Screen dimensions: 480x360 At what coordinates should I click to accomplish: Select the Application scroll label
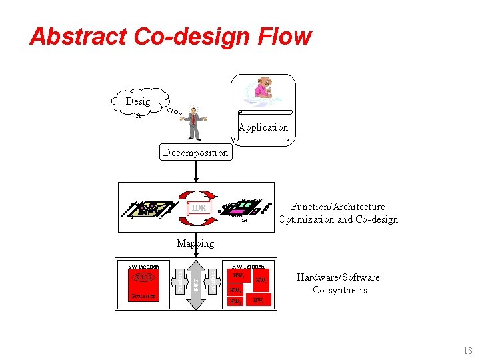click(263, 127)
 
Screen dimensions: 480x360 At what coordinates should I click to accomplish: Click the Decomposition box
click(196, 152)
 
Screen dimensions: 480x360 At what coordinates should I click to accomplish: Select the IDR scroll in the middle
click(198, 208)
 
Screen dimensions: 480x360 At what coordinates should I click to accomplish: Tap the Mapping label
click(195, 243)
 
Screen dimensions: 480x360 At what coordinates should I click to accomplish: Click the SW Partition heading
click(143, 267)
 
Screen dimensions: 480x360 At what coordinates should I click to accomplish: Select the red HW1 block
click(238, 275)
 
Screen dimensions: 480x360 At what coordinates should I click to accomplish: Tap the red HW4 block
click(260, 301)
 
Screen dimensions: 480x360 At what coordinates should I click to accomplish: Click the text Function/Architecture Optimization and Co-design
click(338, 213)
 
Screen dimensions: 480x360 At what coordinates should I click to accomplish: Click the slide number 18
click(467, 351)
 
